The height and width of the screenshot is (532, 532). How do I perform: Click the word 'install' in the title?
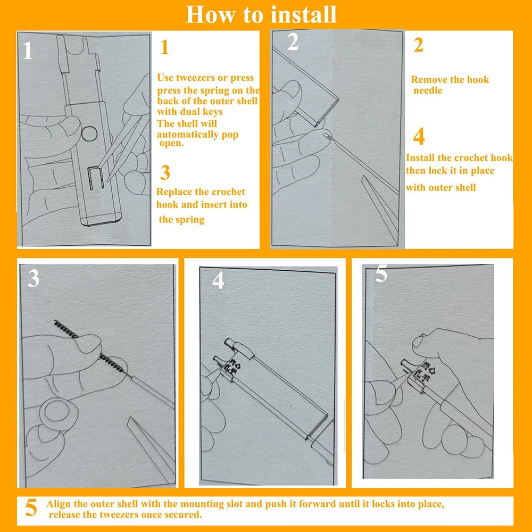coord(303,14)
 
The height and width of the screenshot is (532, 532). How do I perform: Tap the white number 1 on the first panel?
coord(28,52)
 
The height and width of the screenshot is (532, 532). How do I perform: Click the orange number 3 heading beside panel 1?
coord(165,173)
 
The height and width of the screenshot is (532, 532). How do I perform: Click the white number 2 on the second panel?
coord(293,43)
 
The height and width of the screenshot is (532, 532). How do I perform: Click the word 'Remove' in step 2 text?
coord(429,80)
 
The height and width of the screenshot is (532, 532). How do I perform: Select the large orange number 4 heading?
coord(419,137)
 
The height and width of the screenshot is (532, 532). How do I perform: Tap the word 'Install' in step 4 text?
coord(422,158)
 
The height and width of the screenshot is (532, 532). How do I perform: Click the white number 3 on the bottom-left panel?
coord(34,279)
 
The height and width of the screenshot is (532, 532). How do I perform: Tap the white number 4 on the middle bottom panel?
coord(218,281)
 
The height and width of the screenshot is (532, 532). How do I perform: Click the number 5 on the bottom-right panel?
coord(381,275)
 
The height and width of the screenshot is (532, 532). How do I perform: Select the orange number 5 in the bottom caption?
coord(32,508)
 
